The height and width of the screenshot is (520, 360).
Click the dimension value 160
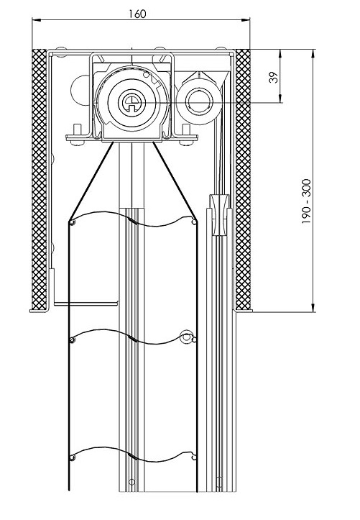[x=137, y=14]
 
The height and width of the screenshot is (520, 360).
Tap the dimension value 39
[x=274, y=77]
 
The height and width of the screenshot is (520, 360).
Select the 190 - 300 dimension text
[x=306, y=201]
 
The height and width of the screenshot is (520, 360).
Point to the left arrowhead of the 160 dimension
[x=37, y=20]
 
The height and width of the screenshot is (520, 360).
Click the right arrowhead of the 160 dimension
[x=246, y=20]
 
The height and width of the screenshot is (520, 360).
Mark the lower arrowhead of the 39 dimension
[x=280, y=99]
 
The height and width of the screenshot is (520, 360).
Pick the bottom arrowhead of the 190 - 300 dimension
[x=313, y=307]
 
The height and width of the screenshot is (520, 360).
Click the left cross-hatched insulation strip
[x=39, y=179]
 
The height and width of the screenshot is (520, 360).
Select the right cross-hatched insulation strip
[x=243, y=179]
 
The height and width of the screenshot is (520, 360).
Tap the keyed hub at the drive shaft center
[x=131, y=102]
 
